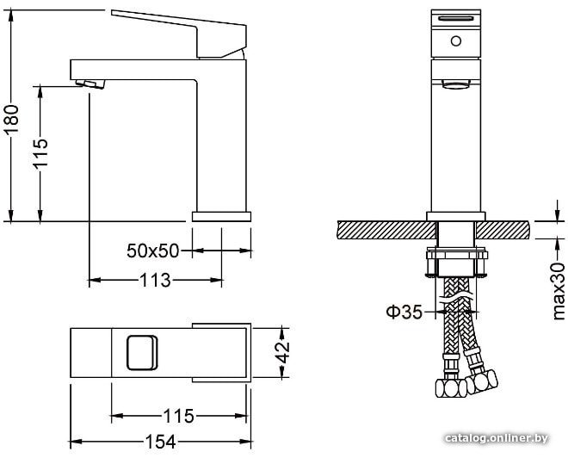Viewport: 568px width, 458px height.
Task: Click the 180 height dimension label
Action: (x=11, y=120)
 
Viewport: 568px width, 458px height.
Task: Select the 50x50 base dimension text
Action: (x=153, y=251)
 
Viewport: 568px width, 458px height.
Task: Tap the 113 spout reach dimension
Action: (x=155, y=280)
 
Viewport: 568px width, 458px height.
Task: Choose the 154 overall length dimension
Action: (x=160, y=442)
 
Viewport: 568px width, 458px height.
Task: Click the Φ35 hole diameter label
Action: (x=404, y=312)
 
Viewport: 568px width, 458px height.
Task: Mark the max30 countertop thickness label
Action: (x=559, y=291)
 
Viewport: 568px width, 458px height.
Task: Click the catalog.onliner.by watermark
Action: (x=497, y=438)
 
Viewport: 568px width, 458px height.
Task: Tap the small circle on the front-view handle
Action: (x=456, y=41)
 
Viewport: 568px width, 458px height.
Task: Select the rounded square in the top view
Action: (x=142, y=353)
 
